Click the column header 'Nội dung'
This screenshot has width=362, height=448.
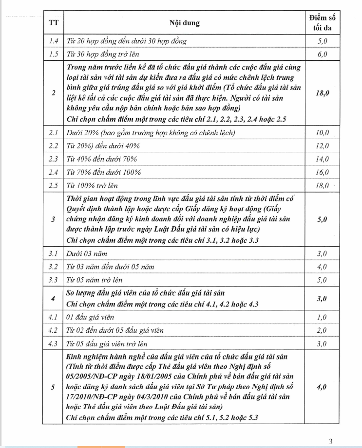click(184, 23)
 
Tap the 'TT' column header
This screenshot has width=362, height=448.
click(53, 23)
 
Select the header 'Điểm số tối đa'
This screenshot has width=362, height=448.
click(322, 22)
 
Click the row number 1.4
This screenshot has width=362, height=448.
click(53, 41)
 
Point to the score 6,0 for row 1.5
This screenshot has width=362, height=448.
click(322, 54)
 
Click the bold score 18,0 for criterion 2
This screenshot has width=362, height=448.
click(322, 92)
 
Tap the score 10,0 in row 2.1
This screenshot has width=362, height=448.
click(322, 133)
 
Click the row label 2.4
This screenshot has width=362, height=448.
click(53, 172)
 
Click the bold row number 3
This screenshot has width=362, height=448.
click(53, 219)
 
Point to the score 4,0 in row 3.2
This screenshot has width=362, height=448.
click(322, 267)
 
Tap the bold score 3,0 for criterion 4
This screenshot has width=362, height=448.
click(322, 298)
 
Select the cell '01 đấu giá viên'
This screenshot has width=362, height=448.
click(90, 318)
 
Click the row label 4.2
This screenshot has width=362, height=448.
click(53, 331)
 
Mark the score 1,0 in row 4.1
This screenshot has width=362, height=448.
click(322, 318)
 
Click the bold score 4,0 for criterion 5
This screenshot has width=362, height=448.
click(322, 388)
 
